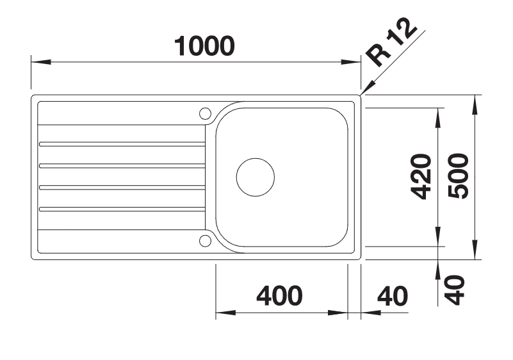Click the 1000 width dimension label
[x=204, y=46]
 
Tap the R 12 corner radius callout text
[x=391, y=42]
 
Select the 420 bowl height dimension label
[x=421, y=176]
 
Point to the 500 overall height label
[x=458, y=176]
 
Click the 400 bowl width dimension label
[x=280, y=296]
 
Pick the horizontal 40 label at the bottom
[x=393, y=296]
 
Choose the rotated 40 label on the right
[x=455, y=290]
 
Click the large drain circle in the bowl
[x=255, y=177]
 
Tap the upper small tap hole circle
[x=205, y=113]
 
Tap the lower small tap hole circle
[x=205, y=241]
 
